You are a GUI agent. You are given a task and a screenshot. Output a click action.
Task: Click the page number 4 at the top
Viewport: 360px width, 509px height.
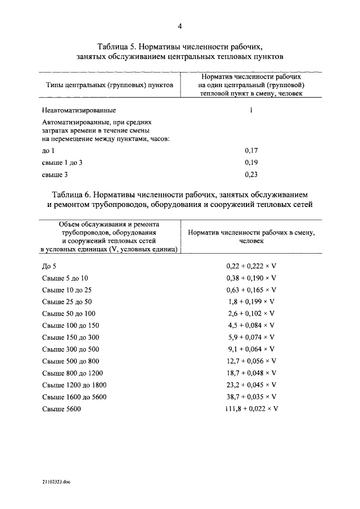pyautogui.click(x=180, y=26)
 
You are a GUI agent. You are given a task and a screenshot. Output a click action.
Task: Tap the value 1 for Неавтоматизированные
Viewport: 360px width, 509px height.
pyautogui.click(x=251, y=110)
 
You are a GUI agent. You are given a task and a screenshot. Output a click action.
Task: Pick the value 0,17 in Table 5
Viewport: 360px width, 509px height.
pyautogui.click(x=251, y=151)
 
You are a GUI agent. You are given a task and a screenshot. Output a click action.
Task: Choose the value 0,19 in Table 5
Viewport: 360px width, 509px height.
pyautogui.click(x=251, y=163)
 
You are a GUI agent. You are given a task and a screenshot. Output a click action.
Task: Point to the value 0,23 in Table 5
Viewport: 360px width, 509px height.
pyautogui.click(x=251, y=175)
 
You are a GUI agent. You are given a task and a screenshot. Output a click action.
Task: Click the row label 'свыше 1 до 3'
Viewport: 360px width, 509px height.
pyautogui.click(x=62, y=163)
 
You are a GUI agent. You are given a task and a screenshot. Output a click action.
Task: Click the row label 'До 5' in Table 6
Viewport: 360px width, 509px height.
pyautogui.click(x=49, y=266)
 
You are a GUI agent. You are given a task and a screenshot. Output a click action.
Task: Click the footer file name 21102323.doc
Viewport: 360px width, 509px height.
pyautogui.click(x=56, y=482)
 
